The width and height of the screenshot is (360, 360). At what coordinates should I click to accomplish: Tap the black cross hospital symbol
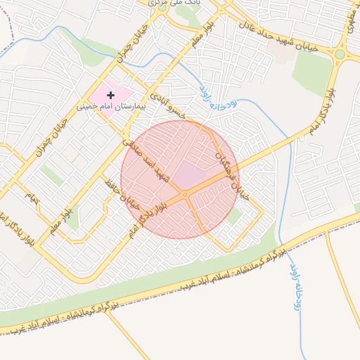pyautogui.click(x=110, y=94)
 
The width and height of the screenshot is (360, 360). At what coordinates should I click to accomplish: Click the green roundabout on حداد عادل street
pyautogui.click(x=340, y=54)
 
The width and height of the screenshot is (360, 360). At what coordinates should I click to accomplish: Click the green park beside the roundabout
pyautogui.click(x=312, y=70)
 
